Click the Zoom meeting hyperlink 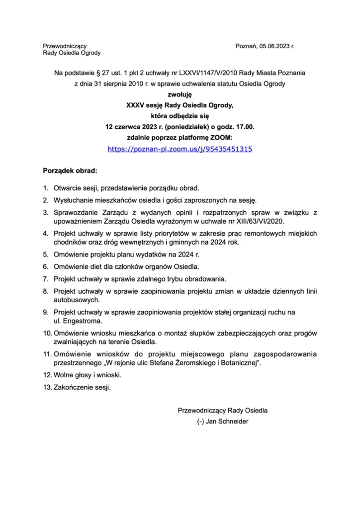[180, 148]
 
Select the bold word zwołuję [180, 94]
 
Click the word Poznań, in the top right [246, 46]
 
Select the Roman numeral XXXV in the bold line [136, 105]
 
